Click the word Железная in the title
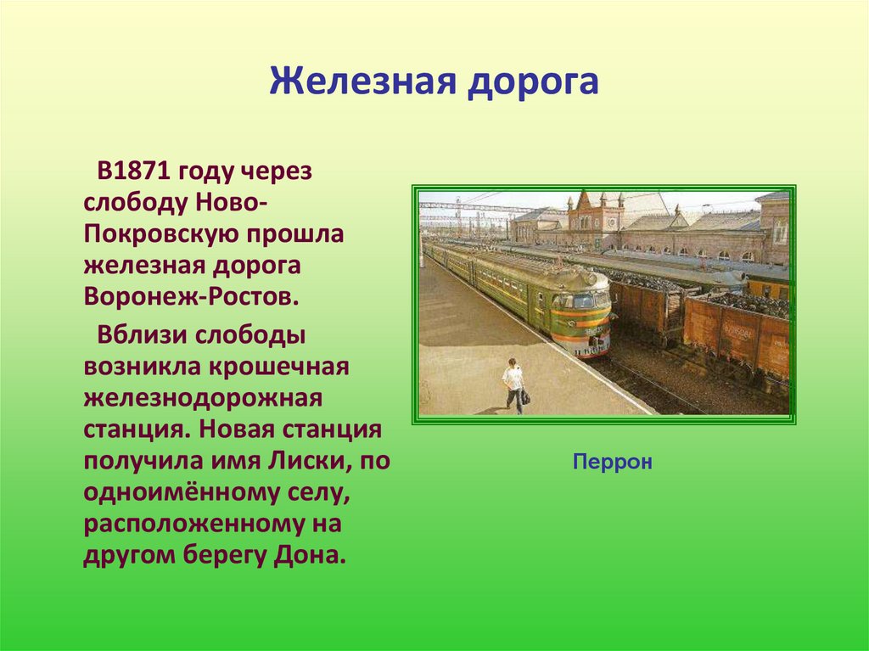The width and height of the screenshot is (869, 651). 359,83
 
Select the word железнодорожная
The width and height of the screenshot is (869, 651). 204,397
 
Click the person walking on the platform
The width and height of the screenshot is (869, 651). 513,385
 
